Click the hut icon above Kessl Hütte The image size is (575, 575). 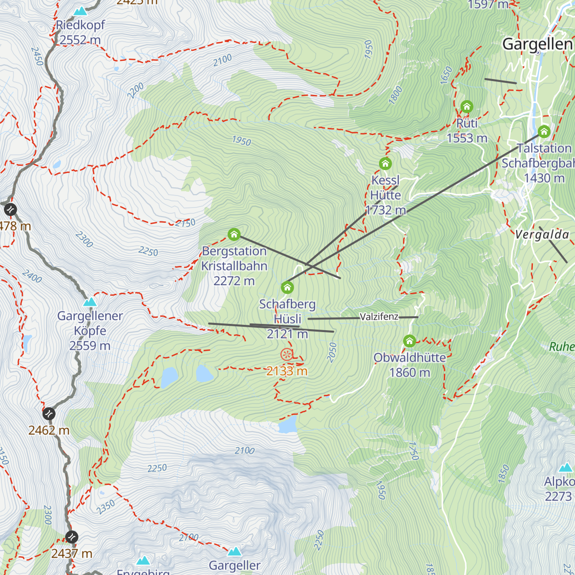tap(385, 164)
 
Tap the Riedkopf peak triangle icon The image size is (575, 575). tap(80, 11)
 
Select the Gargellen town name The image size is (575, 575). tap(537, 44)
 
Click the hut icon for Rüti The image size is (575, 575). tap(467, 107)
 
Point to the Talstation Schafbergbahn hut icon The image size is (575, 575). tap(544, 131)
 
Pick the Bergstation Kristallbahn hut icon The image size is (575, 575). tap(234, 234)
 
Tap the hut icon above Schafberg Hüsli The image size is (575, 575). tap(287, 287)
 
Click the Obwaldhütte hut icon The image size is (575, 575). tap(409, 341)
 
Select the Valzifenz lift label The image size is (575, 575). tap(379, 317)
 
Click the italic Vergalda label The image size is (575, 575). tap(542, 235)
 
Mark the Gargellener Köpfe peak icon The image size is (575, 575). tap(90, 302)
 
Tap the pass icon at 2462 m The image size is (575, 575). tap(49, 414)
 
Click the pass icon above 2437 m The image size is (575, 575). tap(71, 537)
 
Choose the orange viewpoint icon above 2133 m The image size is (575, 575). tap(287, 355)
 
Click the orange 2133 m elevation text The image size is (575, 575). tap(287, 371)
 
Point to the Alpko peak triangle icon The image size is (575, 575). tap(566, 467)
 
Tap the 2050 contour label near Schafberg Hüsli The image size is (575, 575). tap(332, 352)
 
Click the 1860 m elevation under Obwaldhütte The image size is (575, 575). tap(410, 373)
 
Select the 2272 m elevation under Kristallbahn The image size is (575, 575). tap(234, 281)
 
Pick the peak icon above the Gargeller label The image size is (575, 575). tap(234, 551)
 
